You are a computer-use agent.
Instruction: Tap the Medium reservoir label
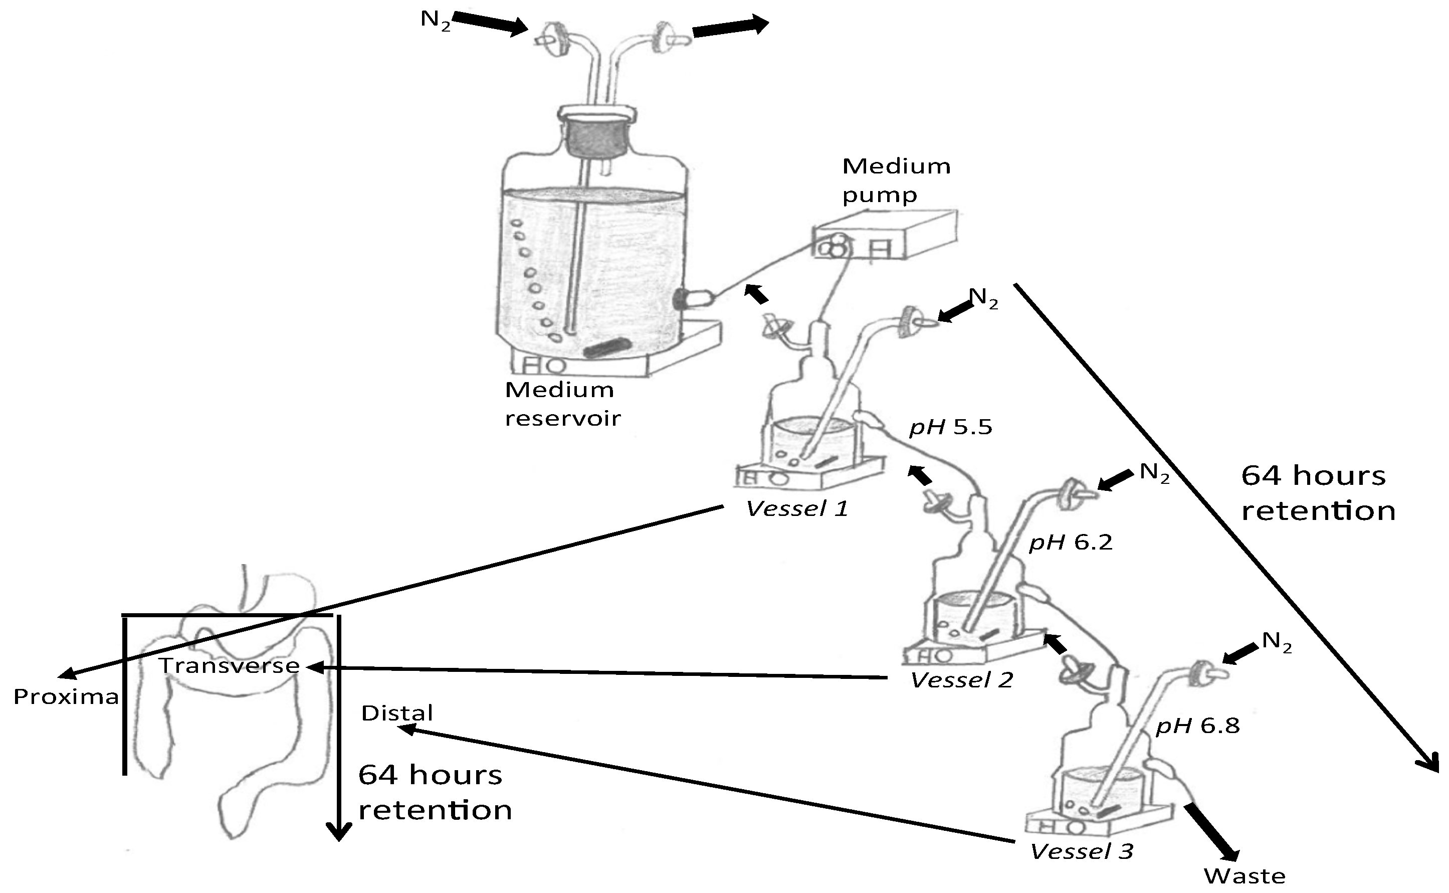tap(561, 404)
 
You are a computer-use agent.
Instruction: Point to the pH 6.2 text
tap(1070, 542)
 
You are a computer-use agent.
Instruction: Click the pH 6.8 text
tap(1197, 726)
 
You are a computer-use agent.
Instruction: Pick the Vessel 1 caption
tap(797, 509)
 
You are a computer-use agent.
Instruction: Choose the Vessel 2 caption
tap(961, 680)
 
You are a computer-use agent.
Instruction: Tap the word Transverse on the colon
tap(229, 666)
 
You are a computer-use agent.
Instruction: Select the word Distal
tap(396, 713)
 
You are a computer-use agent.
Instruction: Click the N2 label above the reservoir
tap(435, 20)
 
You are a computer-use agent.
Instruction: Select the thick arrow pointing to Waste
tap(1212, 834)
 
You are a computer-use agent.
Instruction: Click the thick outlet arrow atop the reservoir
tap(730, 27)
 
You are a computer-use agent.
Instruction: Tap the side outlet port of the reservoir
tap(692, 298)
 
